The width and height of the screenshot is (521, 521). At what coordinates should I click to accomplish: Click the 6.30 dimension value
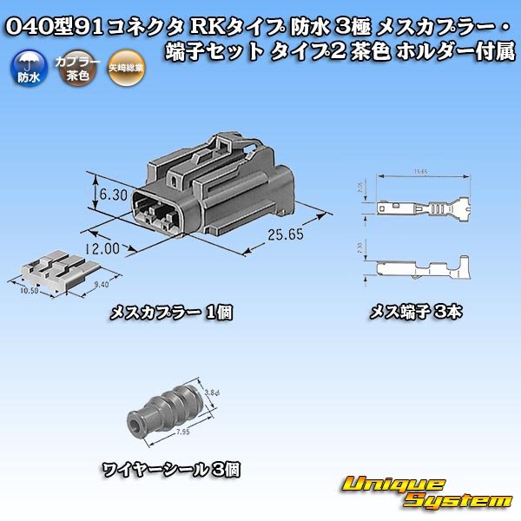(x=114, y=195)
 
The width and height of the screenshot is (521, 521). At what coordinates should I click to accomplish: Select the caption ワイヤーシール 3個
(x=172, y=472)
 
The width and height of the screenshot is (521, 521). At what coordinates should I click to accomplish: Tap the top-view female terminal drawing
(x=421, y=209)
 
